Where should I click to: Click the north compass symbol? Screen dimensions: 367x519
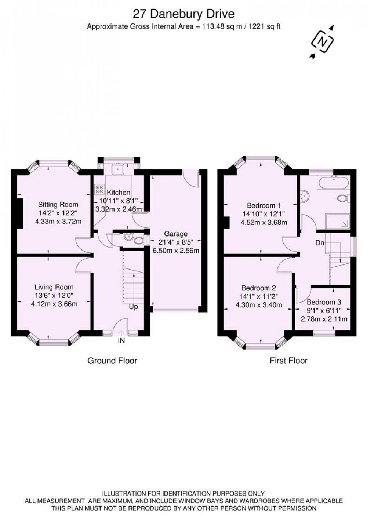coord(323,41)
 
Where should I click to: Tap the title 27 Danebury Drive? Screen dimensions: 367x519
coord(183,14)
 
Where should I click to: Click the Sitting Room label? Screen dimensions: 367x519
coord(58,205)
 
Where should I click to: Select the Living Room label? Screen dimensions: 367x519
coord(54,287)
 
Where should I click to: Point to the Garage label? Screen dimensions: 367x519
coord(176,234)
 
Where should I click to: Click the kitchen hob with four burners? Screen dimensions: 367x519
coord(99,189)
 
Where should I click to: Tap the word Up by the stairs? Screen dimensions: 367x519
coord(133,307)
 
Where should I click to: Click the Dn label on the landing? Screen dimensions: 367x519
coord(320,243)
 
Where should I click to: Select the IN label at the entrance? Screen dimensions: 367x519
coord(121,340)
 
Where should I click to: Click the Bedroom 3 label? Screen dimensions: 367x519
coord(324,302)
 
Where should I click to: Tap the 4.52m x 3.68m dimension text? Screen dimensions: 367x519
coord(264,222)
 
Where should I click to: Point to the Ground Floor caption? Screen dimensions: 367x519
coord(112,361)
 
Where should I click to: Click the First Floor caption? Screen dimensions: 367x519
coord(288,361)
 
